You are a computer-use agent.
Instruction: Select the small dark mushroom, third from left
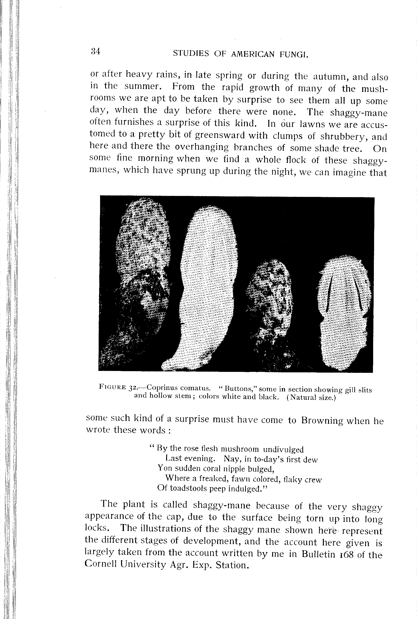(x=270, y=305)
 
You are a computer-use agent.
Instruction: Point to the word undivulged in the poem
(x=283, y=449)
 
